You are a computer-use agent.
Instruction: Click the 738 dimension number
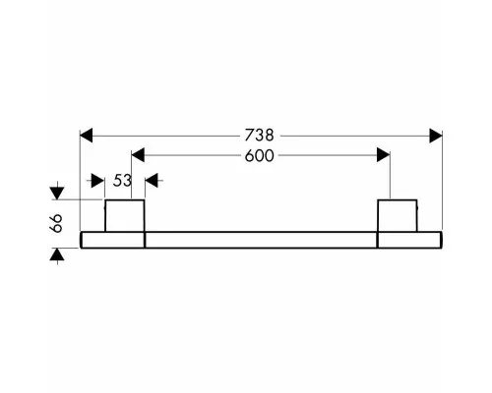pyautogui.click(x=259, y=136)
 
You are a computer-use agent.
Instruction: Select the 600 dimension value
pyautogui.click(x=259, y=156)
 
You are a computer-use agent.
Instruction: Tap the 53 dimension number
pyautogui.click(x=122, y=181)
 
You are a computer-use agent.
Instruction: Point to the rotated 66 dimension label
pyautogui.click(x=56, y=223)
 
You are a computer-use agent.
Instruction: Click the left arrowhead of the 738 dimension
pyautogui.click(x=87, y=136)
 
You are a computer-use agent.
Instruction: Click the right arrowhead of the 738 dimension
pyautogui.click(x=436, y=136)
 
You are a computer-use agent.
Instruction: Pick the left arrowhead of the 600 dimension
pyautogui.click(x=138, y=155)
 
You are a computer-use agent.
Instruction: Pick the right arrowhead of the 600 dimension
pyautogui.click(x=384, y=155)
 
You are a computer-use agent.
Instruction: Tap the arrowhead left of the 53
pyautogui.click(x=97, y=181)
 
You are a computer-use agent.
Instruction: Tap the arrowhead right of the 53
pyautogui.click(x=152, y=181)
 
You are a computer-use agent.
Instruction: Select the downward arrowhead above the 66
pyautogui.click(x=57, y=193)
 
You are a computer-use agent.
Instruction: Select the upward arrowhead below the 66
pyautogui.click(x=57, y=254)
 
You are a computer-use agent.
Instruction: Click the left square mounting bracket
pyautogui.click(x=125, y=215)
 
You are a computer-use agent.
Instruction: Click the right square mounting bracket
pyautogui.click(x=398, y=215)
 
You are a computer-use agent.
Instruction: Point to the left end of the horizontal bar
pyautogui.click(x=81, y=240)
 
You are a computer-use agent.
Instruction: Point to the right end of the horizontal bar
pyautogui.click(x=442, y=240)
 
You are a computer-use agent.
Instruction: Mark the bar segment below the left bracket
pyautogui.click(x=112, y=240)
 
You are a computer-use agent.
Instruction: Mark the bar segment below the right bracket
pyautogui.click(x=409, y=240)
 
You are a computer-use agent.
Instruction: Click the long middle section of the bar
pyautogui.click(x=261, y=240)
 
